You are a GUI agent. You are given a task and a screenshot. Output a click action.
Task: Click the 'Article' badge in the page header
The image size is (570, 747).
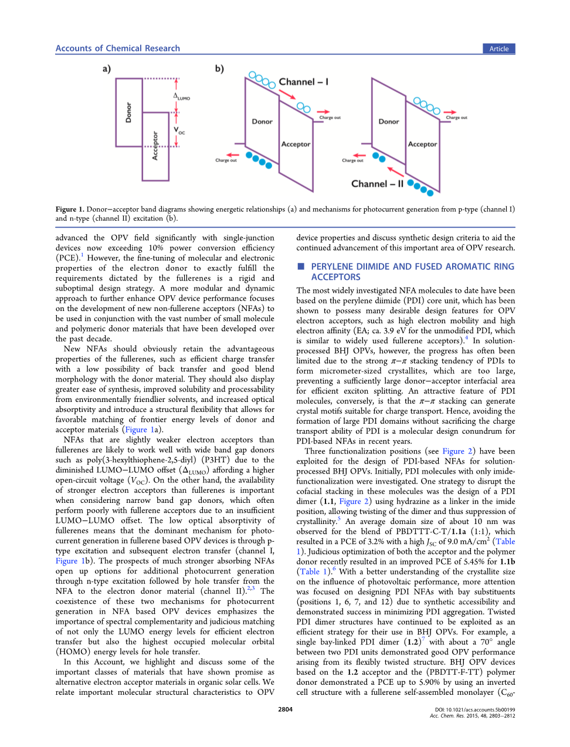pyautogui.click(x=499, y=49)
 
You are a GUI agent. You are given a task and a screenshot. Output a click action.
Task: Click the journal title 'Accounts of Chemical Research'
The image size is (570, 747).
pyautogui.click(x=118, y=48)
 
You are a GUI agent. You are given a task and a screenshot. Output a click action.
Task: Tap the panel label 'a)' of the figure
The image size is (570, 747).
pyautogui.click(x=107, y=69)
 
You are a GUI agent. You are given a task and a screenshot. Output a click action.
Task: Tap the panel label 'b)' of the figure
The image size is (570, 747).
pyautogui.click(x=219, y=69)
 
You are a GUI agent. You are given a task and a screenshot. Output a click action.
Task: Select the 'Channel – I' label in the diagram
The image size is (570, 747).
pyautogui.click(x=303, y=82)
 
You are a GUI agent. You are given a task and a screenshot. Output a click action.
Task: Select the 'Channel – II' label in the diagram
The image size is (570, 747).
pyautogui.click(x=377, y=184)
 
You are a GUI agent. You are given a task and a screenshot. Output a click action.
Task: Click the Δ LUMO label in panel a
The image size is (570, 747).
pyautogui.click(x=181, y=97)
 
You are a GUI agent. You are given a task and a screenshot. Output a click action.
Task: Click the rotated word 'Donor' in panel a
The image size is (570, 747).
pyautogui.click(x=129, y=112)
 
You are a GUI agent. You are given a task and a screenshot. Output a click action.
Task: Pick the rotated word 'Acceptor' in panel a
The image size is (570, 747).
pyautogui.click(x=155, y=146)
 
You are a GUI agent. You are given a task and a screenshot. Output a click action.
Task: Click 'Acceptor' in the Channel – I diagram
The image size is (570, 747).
pyautogui.click(x=296, y=144)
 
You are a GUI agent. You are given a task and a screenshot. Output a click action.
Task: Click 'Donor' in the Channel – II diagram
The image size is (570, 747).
pyautogui.click(x=389, y=121)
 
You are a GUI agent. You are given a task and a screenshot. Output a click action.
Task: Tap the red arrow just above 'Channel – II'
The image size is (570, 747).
pyautogui.click(x=396, y=171)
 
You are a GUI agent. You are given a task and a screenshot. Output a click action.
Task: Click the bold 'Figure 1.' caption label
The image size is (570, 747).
pyautogui.click(x=70, y=209)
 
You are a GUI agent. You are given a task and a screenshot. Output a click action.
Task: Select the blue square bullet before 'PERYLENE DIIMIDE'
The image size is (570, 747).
pyautogui.click(x=301, y=266)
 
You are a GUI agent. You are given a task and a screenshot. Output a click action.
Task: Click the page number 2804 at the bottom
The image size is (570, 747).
pyautogui.click(x=285, y=709)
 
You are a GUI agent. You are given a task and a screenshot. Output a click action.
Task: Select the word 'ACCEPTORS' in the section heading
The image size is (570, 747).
pyautogui.click(x=335, y=277)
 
